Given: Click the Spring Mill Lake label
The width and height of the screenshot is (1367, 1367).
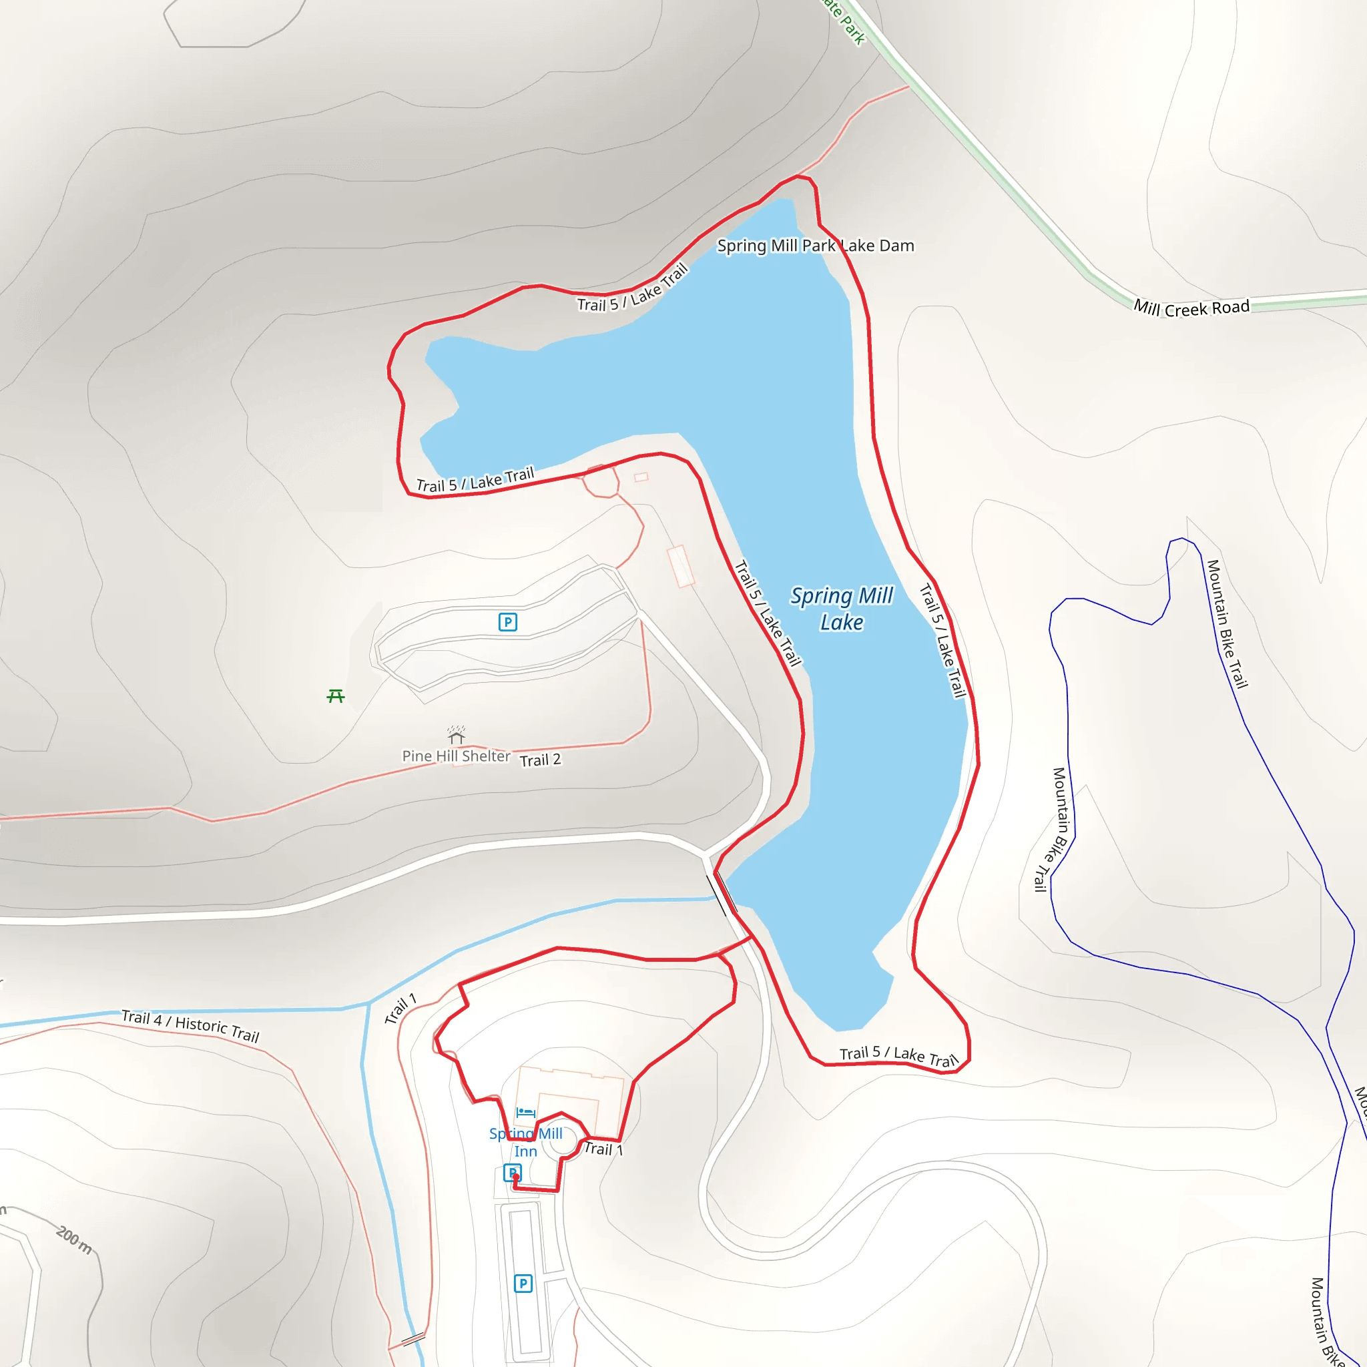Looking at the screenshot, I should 841,609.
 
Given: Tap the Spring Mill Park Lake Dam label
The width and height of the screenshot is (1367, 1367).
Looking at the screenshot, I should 815,246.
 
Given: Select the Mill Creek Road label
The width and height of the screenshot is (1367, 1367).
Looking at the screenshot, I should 1191,308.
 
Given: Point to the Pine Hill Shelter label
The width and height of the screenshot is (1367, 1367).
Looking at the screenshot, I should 456,756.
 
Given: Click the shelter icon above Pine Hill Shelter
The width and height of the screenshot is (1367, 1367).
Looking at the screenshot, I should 457,734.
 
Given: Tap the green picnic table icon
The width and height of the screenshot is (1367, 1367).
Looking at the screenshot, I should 335,696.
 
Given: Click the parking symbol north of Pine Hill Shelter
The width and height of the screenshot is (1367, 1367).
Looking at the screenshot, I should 507,622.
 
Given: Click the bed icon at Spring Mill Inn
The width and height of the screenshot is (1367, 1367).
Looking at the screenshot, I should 525,1112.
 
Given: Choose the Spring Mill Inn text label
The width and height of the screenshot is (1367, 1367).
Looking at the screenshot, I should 526,1142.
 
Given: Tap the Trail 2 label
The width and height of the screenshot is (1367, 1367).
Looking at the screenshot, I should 540,760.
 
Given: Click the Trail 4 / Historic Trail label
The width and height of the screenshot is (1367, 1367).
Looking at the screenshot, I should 190,1026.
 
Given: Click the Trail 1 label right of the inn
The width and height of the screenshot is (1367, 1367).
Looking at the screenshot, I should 602,1149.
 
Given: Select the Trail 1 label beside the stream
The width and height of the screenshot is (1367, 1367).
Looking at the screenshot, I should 400,1009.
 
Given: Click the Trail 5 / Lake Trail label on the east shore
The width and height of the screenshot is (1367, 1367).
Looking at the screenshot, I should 942,640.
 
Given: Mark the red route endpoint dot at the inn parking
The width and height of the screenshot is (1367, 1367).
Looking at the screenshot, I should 516,1177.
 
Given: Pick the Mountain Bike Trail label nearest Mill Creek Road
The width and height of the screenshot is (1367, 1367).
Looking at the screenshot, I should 1227,623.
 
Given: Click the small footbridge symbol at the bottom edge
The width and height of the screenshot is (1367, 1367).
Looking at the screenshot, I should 413,1339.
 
